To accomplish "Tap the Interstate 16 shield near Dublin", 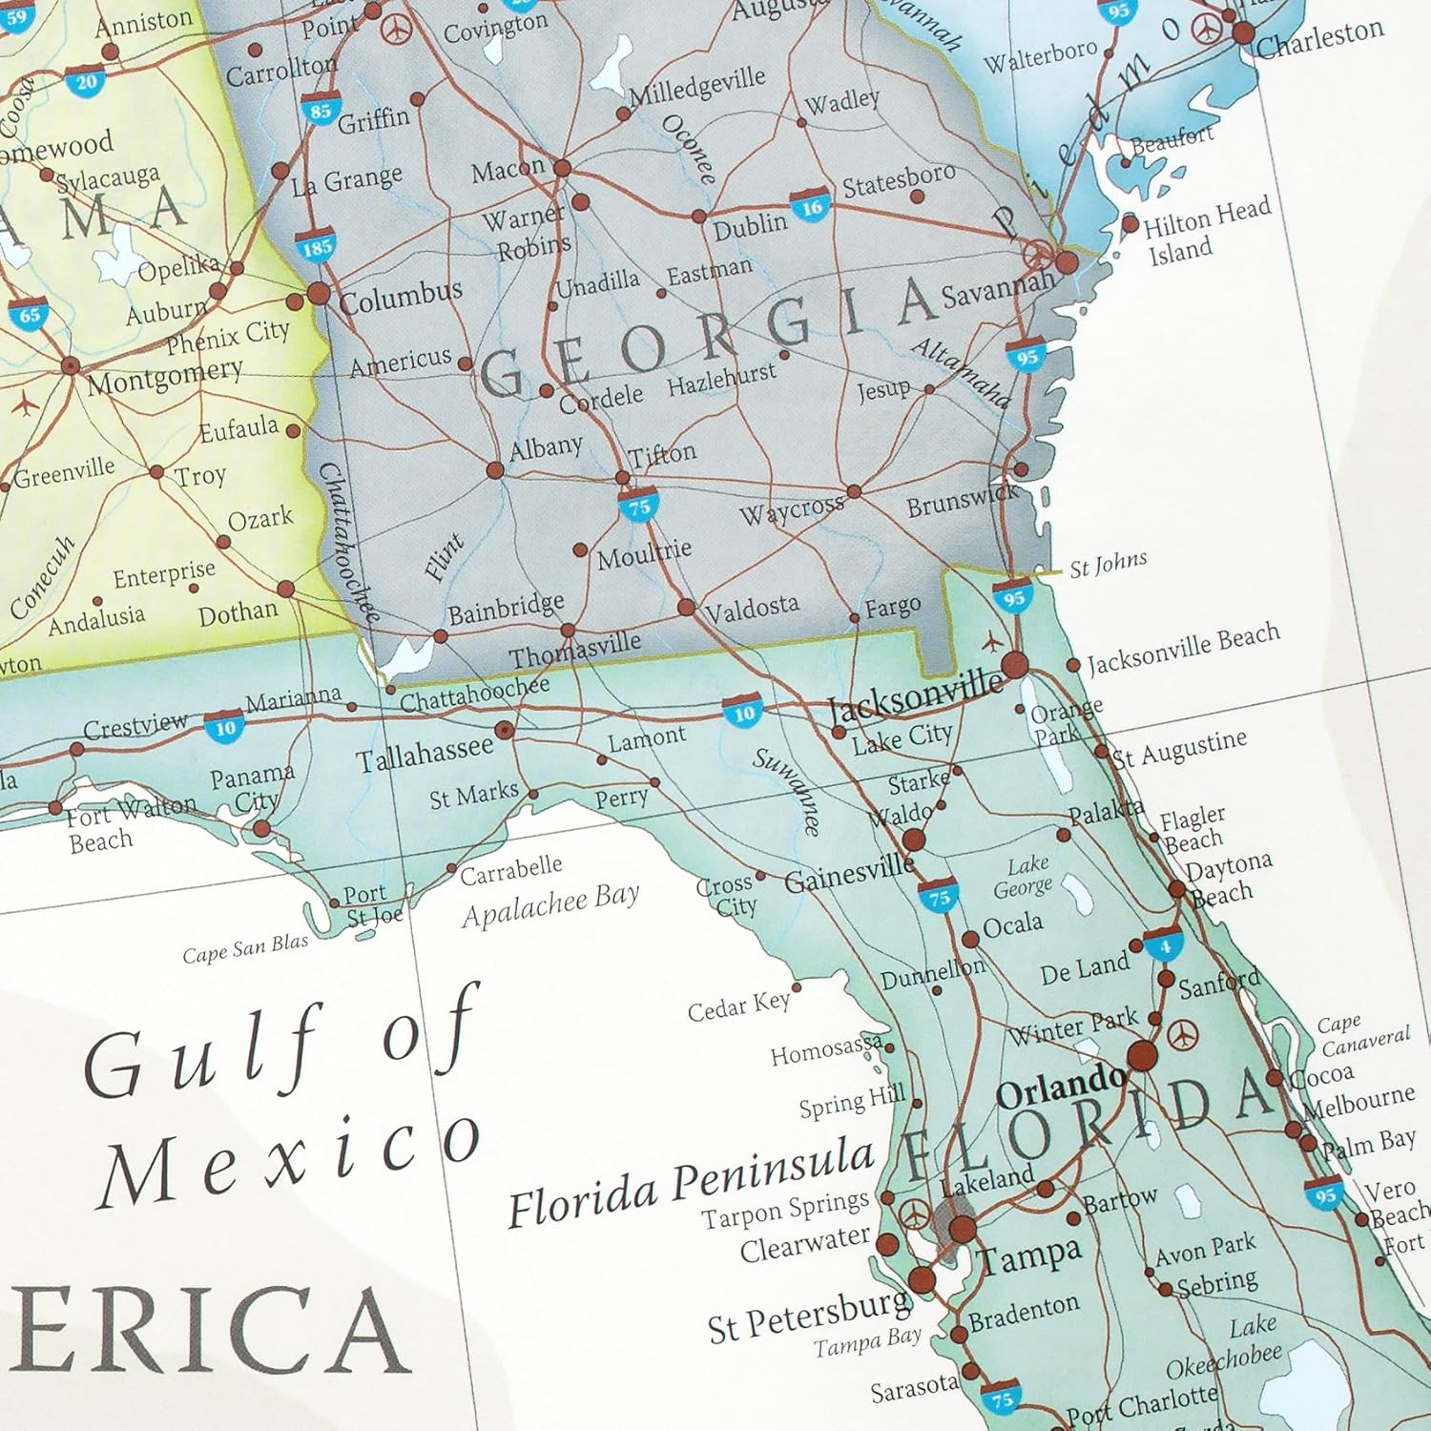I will point(811,207).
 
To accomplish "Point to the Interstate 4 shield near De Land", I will point(1165,945).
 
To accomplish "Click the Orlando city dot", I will point(1142,1056).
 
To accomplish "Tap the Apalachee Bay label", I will point(550,903).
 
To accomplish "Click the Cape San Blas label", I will point(245,949).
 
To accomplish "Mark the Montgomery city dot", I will point(70,366).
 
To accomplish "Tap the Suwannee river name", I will point(787,791).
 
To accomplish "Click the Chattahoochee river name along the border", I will point(348,541).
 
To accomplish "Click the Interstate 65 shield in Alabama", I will point(29,314).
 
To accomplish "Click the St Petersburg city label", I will point(808,1315).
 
